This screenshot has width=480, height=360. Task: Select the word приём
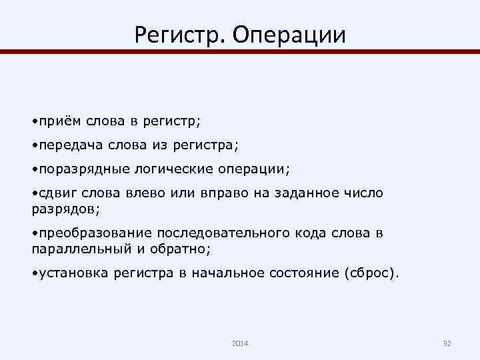tap(59, 122)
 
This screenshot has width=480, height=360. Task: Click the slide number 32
tap(447, 343)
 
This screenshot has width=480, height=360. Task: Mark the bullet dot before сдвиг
tap(35, 193)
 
